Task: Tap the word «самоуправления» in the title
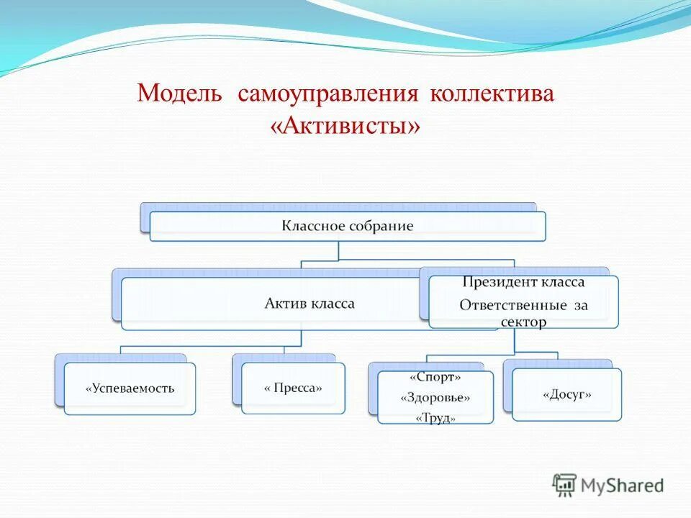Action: coord(328,94)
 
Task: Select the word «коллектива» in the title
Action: coord(492,94)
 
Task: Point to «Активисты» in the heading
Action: coord(345,126)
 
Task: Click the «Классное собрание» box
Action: coord(347,226)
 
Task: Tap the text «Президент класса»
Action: coord(523,283)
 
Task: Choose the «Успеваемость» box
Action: coord(130,388)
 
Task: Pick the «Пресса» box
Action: coord(293,388)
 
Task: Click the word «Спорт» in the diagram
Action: coord(435,377)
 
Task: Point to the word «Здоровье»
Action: coord(435,398)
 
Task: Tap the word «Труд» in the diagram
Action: coord(435,418)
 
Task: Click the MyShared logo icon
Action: coord(565,485)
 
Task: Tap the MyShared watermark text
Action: coord(623,486)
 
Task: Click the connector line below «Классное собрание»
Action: coord(338,250)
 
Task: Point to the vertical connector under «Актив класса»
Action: coord(300,338)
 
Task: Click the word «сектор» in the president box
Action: coord(523,322)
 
